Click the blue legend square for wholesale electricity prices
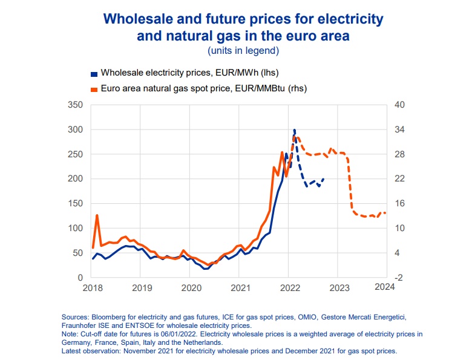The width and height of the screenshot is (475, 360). click(93, 73)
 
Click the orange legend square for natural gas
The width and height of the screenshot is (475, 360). click(93, 89)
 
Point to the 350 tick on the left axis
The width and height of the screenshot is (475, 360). click(76, 105)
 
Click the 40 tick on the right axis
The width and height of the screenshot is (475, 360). click(399, 105)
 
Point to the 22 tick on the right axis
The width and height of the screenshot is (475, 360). click(398, 179)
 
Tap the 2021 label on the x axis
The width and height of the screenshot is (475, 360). click(240, 287)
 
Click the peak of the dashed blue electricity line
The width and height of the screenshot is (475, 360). click(294, 129)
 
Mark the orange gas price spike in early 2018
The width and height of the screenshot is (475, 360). click(97, 215)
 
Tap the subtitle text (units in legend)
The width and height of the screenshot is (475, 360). click(243, 50)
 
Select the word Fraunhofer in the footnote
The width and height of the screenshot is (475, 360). click(79, 326)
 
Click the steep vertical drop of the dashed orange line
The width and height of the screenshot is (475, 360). click(350, 185)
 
